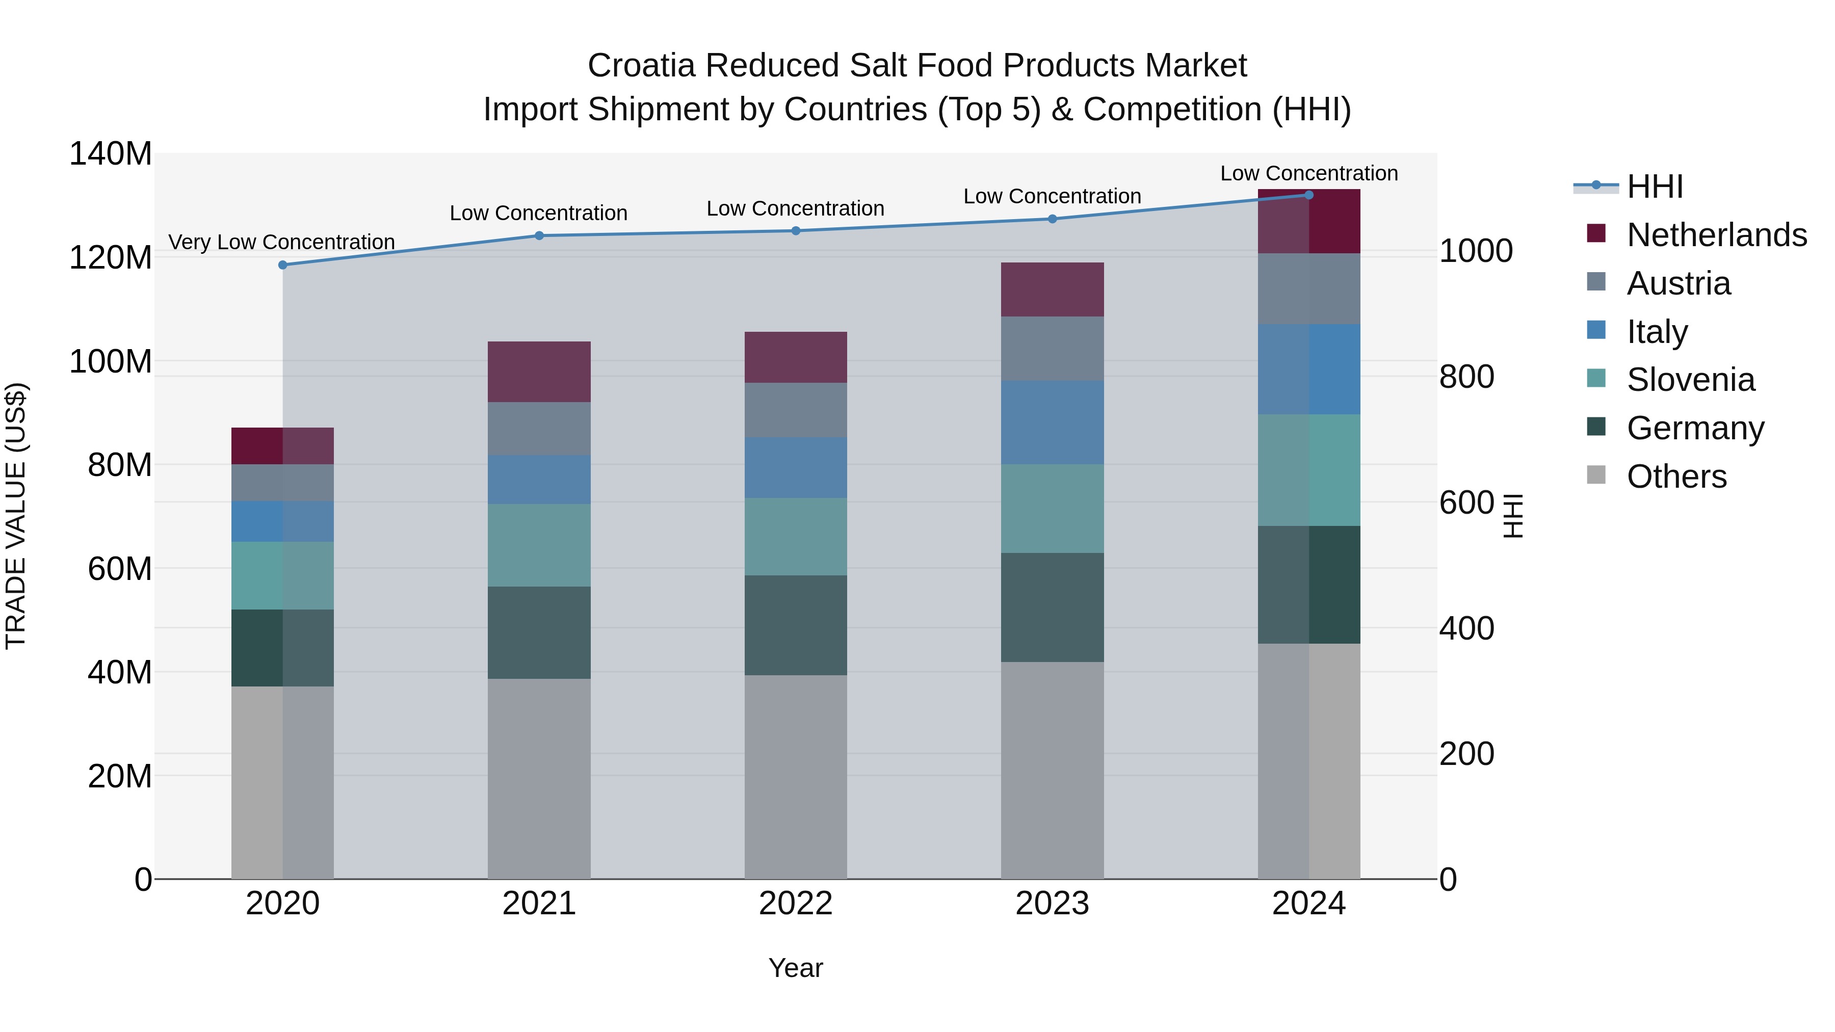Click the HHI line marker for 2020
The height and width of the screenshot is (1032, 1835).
(x=283, y=265)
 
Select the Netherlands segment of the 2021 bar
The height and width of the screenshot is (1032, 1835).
(x=539, y=372)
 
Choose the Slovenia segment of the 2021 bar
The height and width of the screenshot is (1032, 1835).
(x=539, y=545)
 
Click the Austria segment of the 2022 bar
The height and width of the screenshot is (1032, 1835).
(x=796, y=410)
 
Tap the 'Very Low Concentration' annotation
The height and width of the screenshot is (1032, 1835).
(x=281, y=242)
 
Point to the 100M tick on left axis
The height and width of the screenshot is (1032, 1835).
(x=111, y=362)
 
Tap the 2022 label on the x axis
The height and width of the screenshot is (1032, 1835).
(x=796, y=904)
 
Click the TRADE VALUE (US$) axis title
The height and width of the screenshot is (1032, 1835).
(x=16, y=516)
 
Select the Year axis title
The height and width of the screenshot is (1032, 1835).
(x=796, y=968)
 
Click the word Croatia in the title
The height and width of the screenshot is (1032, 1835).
(x=641, y=66)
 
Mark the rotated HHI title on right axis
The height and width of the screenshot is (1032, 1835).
(x=1512, y=516)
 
